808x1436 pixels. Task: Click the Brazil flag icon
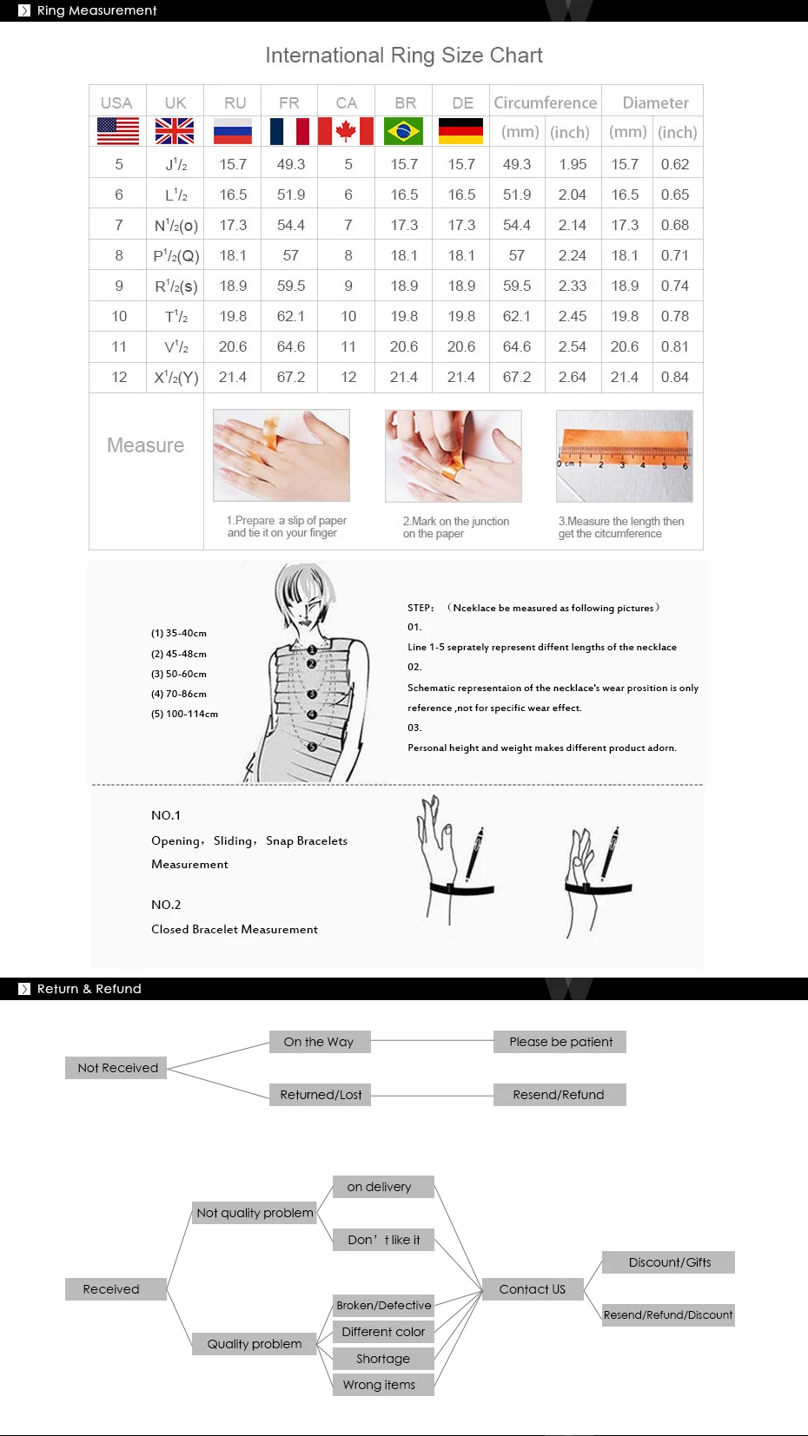click(x=404, y=132)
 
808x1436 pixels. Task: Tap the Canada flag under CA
click(x=346, y=132)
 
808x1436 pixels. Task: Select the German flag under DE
click(x=461, y=132)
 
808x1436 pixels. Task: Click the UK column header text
click(x=176, y=102)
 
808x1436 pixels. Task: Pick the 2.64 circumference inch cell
click(x=573, y=377)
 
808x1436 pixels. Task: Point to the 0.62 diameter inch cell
click(x=674, y=164)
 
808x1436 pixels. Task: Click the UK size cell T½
click(x=176, y=316)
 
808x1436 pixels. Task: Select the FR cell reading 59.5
click(x=291, y=286)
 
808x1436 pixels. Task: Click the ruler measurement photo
click(x=625, y=456)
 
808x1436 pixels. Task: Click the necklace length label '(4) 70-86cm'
click(x=179, y=694)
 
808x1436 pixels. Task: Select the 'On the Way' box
click(x=319, y=1042)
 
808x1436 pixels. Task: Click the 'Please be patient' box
click(x=560, y=1042)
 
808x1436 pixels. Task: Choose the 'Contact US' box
click(x=532, y=1289)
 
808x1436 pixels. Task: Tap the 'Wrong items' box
click(x=382, y=1385)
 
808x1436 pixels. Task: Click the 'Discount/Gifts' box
click(x=669, y=1262)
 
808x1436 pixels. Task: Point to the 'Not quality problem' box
click(x=255, y=1213)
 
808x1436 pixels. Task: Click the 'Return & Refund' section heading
click(x=89, y=989)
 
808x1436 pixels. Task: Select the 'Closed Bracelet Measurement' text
click(x=235, y=929)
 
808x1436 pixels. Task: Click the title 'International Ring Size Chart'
click(x=404, y=56)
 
